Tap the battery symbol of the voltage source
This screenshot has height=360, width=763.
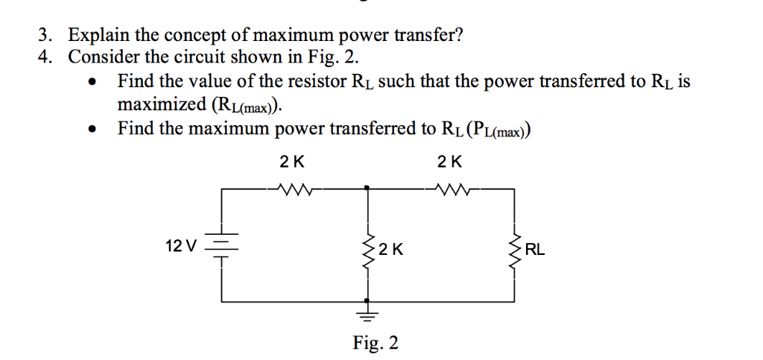pos(221,246)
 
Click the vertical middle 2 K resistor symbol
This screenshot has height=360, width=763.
pos(366,250)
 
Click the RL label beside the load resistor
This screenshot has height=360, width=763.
pos(535,250)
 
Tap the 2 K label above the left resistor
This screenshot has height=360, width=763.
pos(291,162)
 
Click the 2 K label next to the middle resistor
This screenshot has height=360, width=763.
pos(390,250)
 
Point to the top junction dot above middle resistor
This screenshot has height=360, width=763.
pos(366,189)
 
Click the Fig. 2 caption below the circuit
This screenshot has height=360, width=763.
pos(376,342)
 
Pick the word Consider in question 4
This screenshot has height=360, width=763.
pos(102,57)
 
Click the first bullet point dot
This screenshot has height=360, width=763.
pos(92,82)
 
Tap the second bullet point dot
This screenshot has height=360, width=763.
pos(92,130)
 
